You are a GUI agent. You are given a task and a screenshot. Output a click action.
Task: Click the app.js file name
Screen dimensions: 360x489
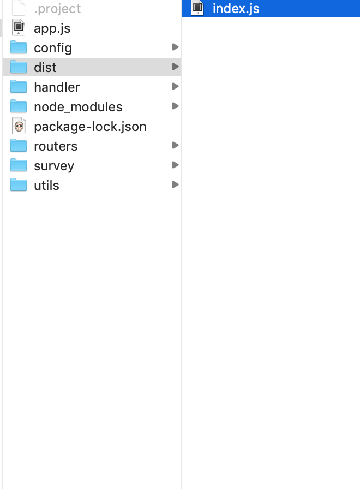52,28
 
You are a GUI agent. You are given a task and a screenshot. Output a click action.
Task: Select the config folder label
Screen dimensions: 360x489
53,48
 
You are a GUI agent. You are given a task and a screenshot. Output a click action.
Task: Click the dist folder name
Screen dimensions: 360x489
45,68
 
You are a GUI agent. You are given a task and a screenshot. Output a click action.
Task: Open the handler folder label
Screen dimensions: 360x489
57,87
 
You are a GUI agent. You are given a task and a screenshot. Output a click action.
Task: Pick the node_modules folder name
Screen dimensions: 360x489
78,107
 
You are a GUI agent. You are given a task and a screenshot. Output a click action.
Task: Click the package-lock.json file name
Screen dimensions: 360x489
90,127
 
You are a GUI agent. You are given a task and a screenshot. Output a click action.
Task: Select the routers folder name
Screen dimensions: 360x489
56,146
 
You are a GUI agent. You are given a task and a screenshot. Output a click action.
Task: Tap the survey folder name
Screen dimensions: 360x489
54,166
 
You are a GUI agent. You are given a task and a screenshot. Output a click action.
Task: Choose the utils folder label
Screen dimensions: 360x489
46,186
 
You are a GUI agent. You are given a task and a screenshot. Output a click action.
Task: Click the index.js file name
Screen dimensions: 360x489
236,9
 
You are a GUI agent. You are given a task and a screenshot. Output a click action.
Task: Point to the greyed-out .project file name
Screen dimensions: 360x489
57,9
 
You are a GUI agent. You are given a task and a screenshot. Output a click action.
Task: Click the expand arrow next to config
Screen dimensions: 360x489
175,47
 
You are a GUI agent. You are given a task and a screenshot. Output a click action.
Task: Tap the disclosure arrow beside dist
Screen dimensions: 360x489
175,67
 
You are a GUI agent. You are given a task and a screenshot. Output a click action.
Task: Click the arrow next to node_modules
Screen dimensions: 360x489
175,106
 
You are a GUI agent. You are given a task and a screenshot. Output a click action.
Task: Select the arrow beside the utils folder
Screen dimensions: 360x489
175,185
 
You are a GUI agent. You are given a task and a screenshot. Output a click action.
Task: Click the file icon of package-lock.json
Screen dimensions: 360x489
19,127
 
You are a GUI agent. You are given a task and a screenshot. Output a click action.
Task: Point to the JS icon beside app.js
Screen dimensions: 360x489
19,28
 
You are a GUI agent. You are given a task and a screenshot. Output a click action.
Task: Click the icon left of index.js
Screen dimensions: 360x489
198,8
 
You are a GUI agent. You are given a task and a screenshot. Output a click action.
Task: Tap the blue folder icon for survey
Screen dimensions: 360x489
19,165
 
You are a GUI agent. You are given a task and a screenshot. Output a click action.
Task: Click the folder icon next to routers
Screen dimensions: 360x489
19,146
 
